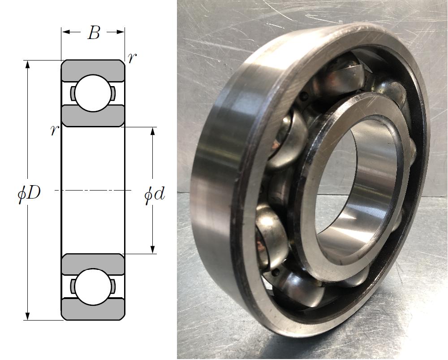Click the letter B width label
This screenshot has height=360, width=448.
click(x=94, y=33)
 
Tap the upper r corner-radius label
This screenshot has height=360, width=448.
click(x=132, y=58)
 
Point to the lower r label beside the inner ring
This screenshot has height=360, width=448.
click(x=54, y=130)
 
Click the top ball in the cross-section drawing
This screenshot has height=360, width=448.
click(x=93, y=93)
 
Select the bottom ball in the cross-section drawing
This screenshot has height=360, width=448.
click(x=93, y=287)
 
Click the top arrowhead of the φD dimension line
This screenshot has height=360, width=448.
click(x=28, y=65)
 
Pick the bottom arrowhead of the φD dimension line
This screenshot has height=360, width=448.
click(x=28, y=316)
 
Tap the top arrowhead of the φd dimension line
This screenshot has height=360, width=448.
click(x=153, y=131)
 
